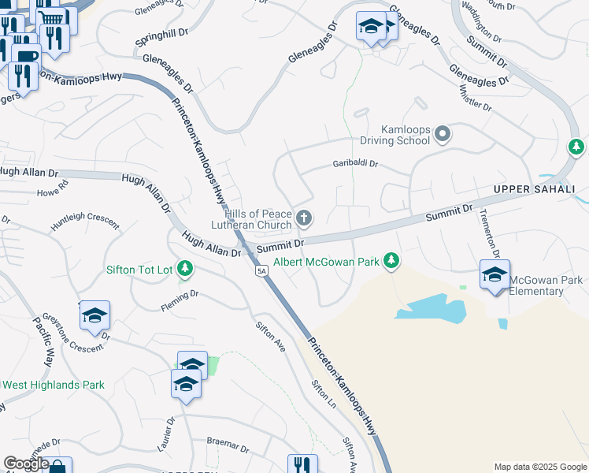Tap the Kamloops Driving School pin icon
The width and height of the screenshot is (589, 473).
pos(443,134)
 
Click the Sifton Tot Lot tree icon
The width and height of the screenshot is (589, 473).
pos(185,269)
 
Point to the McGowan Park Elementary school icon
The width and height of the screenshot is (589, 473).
pos(495,275)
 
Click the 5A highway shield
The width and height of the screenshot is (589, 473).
pos(262,270)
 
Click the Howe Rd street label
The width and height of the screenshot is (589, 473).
pos(53,190)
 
